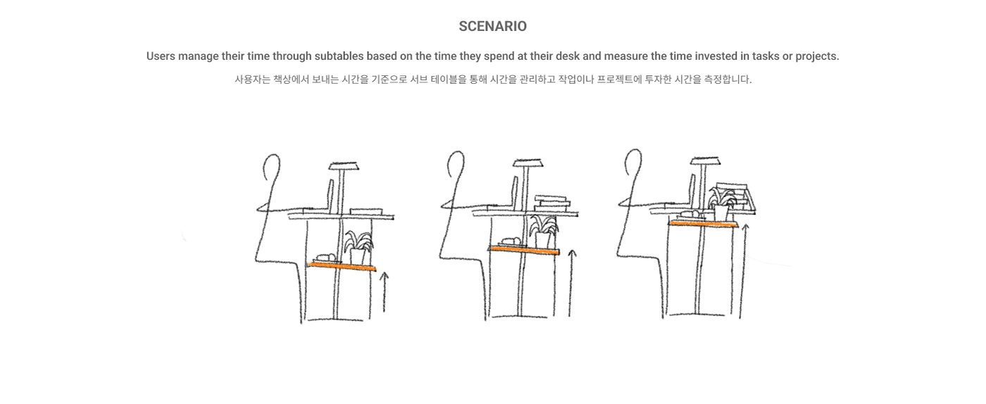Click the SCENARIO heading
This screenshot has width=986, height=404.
pos(492,27)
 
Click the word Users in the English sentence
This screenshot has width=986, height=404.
pos(161,56)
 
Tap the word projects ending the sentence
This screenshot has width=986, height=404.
pos(816,56)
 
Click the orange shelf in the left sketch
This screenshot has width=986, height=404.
pos(343,265)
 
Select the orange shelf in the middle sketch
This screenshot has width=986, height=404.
pos(524,250)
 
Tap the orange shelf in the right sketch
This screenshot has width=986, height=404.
pos(703,223)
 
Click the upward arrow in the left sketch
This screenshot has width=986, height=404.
pos(384,292)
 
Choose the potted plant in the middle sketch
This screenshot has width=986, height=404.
pos(543,233)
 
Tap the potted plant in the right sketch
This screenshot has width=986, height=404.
pos(722,203)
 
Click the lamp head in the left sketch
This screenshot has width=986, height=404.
pos(344,167)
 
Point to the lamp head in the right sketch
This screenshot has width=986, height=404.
pos(704,160)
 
